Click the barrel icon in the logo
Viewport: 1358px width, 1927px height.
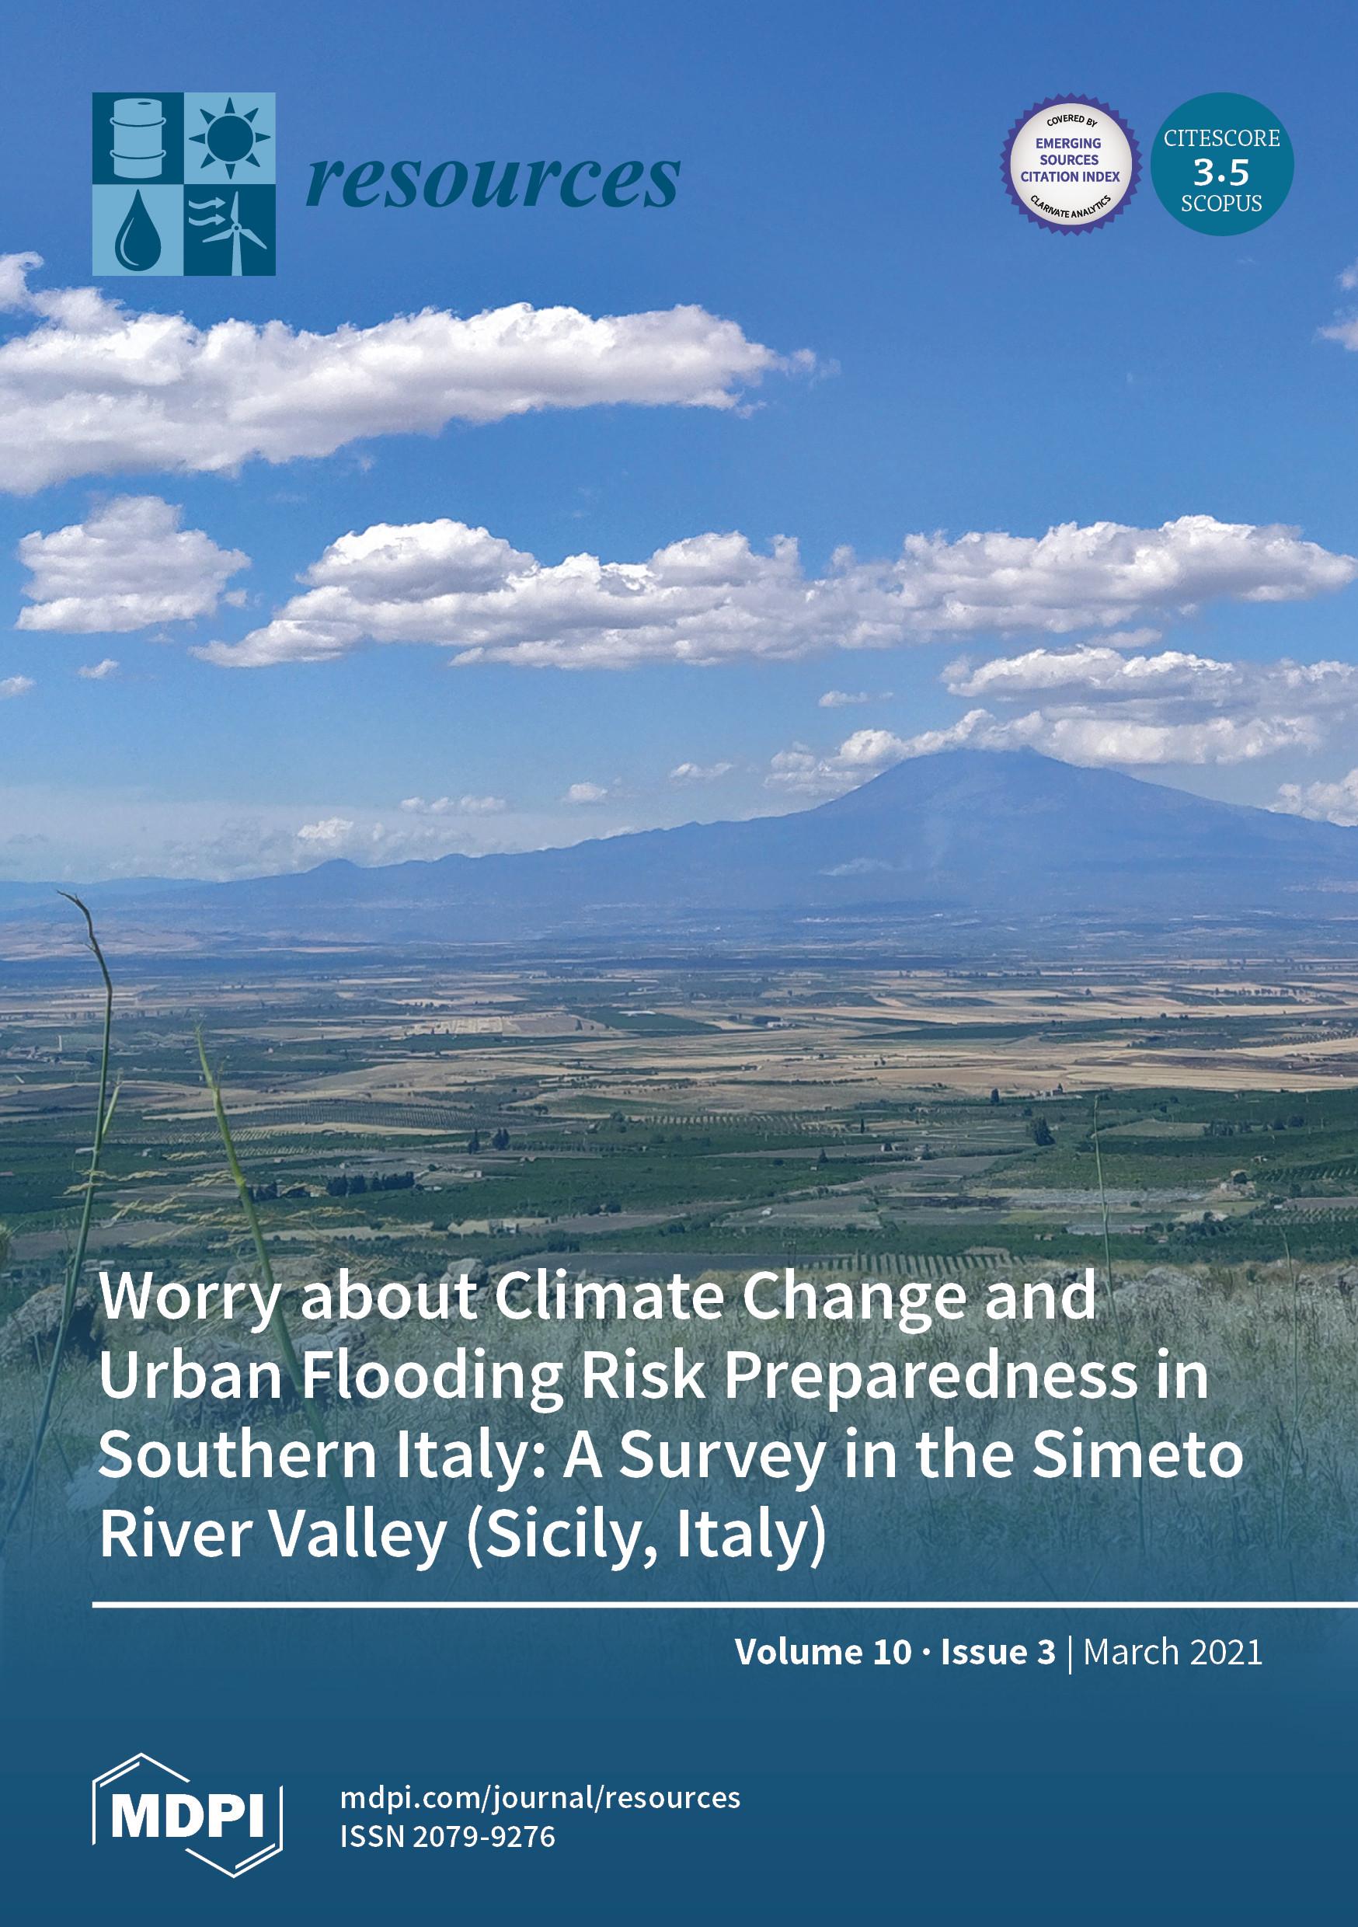pos(138,138)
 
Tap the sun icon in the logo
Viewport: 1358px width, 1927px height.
pos(229,138)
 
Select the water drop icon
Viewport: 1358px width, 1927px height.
pos(138,230)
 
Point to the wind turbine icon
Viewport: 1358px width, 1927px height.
pos(229,231)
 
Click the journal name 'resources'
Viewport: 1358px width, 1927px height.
pos(493,181)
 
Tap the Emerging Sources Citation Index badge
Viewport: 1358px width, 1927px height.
pos(1070,164)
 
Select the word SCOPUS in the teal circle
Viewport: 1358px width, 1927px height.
pos(1221,204)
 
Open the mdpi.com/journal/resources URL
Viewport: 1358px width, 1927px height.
pos(541,1798)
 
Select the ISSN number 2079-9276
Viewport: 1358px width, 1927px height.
pos(483,1836)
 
